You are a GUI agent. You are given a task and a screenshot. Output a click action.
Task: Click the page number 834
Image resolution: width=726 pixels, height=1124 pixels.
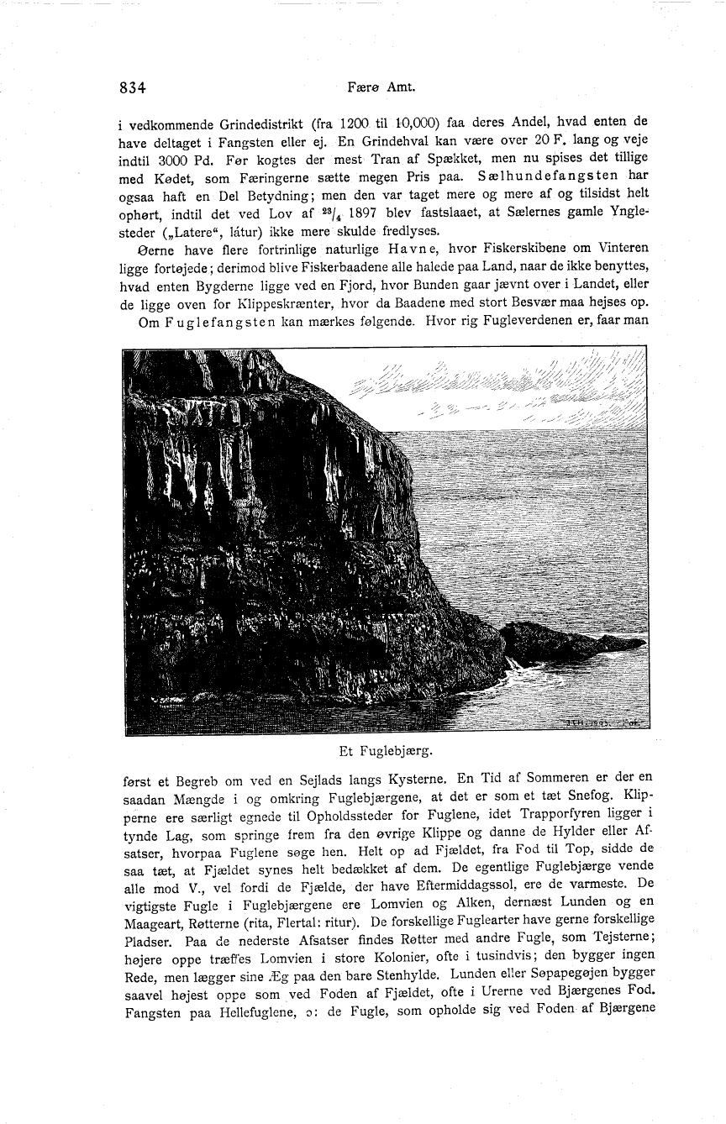click(x=134, y=87)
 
